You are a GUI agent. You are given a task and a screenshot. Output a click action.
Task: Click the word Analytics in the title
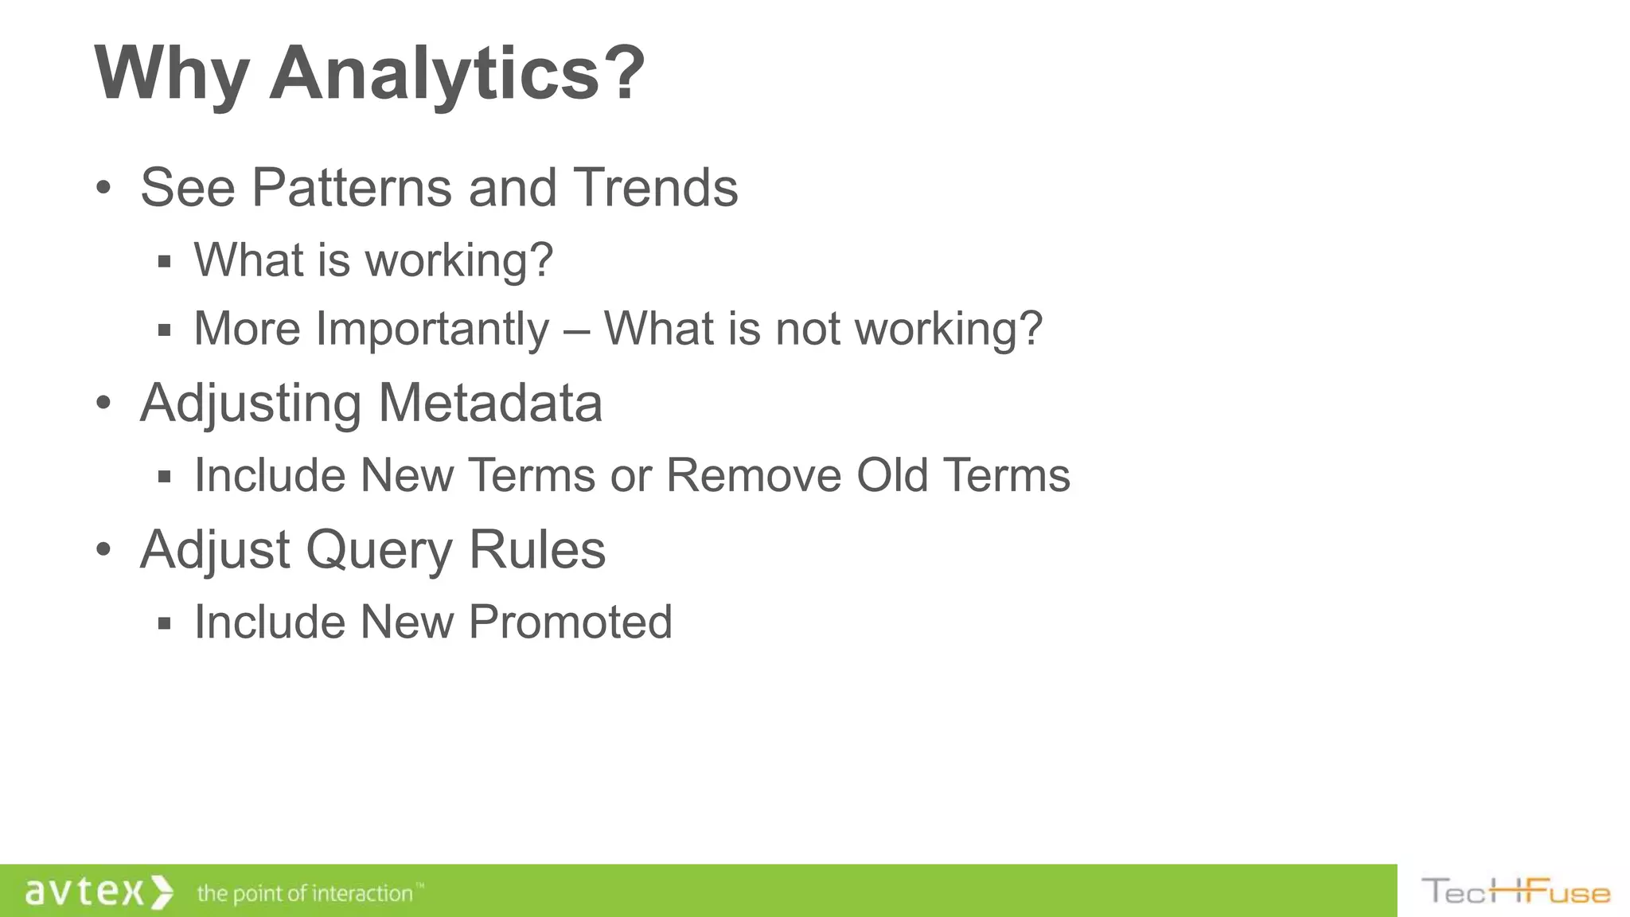[x=457, y=73]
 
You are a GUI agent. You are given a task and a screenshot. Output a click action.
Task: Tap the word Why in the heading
[x=171, y=73]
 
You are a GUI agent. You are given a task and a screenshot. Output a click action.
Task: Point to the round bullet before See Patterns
[x=103, y=189]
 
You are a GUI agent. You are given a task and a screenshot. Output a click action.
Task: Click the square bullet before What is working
[x=165, y=262]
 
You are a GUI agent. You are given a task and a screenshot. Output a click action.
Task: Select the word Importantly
[x=432, y=328]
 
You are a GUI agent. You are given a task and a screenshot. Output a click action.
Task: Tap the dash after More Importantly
[x=576, y=330]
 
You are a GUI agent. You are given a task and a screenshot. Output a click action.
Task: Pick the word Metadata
[x=490, y=403]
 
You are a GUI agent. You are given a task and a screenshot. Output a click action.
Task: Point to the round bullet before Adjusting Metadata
[x=103, y=404]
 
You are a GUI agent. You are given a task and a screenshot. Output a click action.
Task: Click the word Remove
[x=753, y=475]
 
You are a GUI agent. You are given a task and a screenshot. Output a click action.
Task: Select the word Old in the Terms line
[x=892, y=475]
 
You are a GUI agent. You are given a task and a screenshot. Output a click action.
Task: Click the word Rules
[x=536, y=550]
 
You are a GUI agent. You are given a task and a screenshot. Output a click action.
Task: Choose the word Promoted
[x=570, y=622]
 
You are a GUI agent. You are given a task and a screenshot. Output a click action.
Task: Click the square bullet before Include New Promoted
[x=165, y=623]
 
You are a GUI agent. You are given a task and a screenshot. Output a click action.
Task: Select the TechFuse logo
[x=1515, y=892]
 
